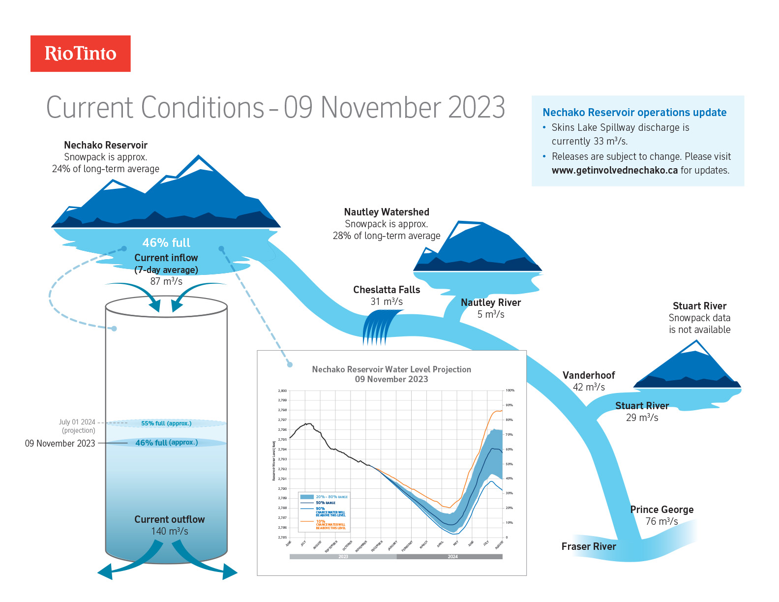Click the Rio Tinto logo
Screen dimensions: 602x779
point(81,54)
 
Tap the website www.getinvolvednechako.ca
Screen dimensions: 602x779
point(614,170)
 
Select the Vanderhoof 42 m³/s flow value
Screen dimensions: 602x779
point(589,387)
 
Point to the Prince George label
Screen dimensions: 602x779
point(661,510)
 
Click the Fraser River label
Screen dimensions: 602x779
point(588,546)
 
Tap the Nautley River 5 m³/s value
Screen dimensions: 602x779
point(490,314)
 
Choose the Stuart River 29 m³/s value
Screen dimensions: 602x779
point(642,418)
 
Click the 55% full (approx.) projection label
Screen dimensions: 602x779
point(166,423)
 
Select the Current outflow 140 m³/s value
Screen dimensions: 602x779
point(169,531)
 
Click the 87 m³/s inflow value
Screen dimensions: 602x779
point(166,281)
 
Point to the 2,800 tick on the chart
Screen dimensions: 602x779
point(282,391)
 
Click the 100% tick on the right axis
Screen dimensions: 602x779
point(510,391)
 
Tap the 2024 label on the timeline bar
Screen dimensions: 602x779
point(452,557)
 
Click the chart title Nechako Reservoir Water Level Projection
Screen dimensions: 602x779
point(391,369)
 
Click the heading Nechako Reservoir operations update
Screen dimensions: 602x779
point(634,113)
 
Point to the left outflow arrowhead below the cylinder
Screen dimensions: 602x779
point(105,572)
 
